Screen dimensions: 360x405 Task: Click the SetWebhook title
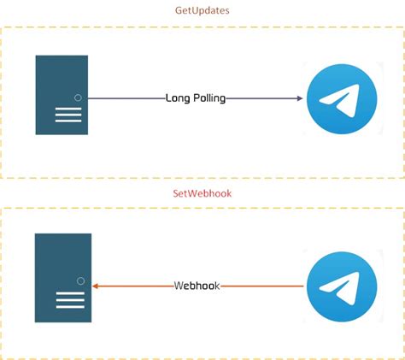click(202, 193)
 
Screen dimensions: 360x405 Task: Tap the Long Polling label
click(196, 98)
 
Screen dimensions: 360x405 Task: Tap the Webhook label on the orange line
click(197, 286)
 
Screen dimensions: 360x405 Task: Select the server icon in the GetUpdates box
click(62, 95)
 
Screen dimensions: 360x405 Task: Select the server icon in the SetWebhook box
click(62, 277)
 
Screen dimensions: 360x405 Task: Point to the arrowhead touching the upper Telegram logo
click(300, 98)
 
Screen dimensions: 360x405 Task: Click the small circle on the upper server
click(79, 98)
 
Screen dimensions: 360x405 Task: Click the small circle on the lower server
click(80, 280)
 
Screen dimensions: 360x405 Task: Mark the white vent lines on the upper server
click(68, 115)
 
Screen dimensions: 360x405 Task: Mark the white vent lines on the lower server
click(70, 299)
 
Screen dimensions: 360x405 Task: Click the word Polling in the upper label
click(209, 98)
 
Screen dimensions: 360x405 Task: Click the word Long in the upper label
click(177, 98)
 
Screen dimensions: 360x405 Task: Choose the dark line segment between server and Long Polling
click(126, 98)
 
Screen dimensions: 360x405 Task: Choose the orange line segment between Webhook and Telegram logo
click(263, 286)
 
